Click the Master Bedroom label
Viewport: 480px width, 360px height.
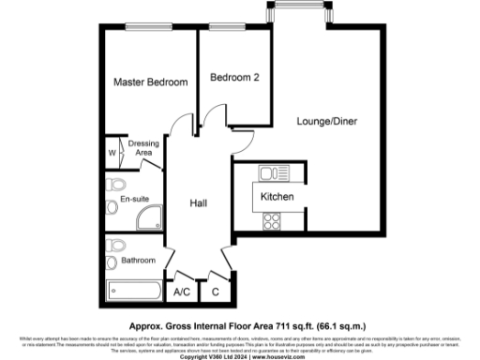click(x=150, y=83)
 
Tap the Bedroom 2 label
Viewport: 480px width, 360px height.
click(x=234, y=78)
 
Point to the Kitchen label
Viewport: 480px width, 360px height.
click(x=277, y=198)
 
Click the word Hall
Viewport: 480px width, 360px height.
click(x=199, y=203)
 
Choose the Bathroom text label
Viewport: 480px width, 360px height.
click(x=137, y=260)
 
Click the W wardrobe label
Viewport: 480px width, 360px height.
click(x=112, y=152)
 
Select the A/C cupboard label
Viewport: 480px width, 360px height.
click(x=183, y=292)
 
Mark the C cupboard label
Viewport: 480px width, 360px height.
click(x=216, y=292)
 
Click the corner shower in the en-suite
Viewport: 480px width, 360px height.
click(x=148, y=219)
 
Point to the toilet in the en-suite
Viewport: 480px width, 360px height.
click(x=115, y=183)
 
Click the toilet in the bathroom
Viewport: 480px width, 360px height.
click(x=115, y=246)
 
